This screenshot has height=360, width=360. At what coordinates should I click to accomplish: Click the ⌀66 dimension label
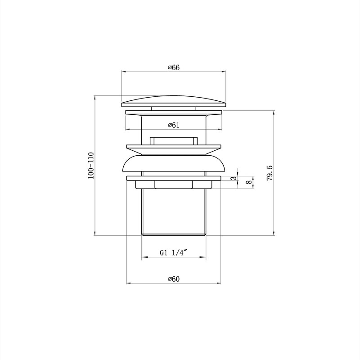click(x=174, y=68)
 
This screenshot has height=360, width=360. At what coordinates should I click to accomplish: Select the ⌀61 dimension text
click(x=174, y=125)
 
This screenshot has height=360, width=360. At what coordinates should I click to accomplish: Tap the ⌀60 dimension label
click(x=174, y=279)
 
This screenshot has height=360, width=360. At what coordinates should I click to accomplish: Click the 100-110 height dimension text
click(x=91, y=165)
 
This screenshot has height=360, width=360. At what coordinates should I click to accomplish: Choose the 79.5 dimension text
click(x=270, y=173)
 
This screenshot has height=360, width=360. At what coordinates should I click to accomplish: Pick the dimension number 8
click(x=248, y=182)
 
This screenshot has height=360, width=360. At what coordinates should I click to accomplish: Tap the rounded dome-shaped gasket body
click(x=174, y=163)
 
